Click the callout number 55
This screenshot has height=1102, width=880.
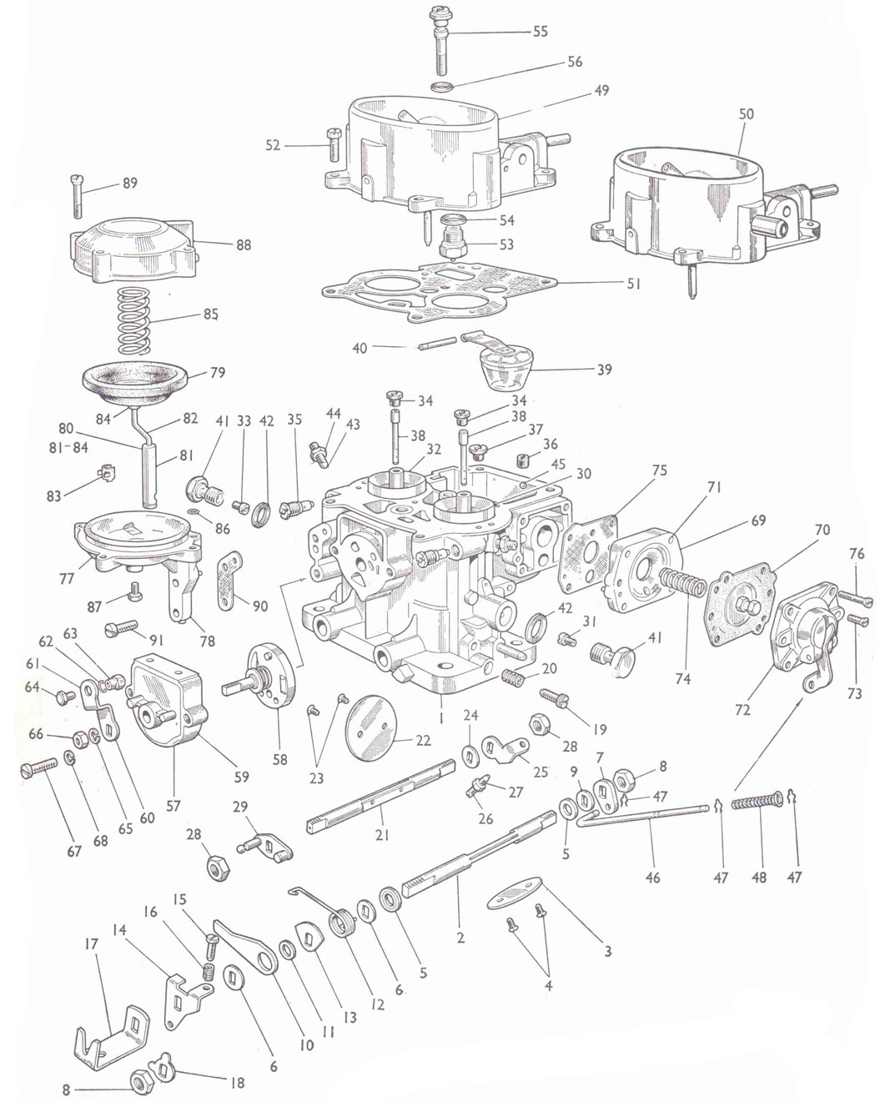[x=540, y=32]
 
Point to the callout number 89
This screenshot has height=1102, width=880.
[x=129, y=184]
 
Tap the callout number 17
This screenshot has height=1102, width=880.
[x=91, y=944]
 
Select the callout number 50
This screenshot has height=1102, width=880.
[x=746, y=114]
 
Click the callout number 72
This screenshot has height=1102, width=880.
[x=742, y=710]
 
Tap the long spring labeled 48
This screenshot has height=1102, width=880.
[x=757, y=803]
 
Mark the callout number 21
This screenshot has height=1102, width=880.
[x=382, y=833]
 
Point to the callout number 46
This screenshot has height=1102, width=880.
[x=652, y=877]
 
